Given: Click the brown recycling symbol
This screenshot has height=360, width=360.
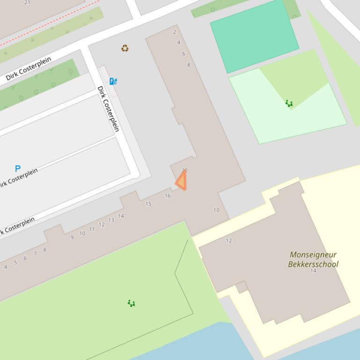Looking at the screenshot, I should [x=125, y=48].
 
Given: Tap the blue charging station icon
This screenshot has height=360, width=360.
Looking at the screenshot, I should [x=113, y=81].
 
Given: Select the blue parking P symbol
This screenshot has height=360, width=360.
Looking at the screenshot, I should [x=18, y=169].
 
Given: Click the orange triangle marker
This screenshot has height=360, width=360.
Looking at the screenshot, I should [x=182, y=181].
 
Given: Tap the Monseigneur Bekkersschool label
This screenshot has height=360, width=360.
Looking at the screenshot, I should [x=313, y=259].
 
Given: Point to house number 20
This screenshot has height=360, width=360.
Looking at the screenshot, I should [x=184, y=171].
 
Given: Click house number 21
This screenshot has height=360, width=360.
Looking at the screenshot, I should [x=27, y=2].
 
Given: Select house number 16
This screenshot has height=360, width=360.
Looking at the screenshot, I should [x=168, y=196].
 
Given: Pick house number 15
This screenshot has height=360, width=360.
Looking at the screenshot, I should [x=148, y=204].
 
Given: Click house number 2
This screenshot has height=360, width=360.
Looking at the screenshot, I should [x=175, y=32].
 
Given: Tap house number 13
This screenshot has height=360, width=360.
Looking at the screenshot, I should [x=111, y=220].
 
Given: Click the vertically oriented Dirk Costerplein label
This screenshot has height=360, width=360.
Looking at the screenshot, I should [x=108, y=109].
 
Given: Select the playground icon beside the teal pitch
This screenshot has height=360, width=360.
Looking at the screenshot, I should [x=289, y=103].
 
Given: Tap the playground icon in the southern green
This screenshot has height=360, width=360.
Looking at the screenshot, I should [x=132, y=303].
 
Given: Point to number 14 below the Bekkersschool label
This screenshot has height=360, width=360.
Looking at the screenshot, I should [x=313, y=271].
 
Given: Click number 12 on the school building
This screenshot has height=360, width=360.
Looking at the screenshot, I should [x=229, y=241].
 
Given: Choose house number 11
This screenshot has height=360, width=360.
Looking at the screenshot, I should [x=92, y=229].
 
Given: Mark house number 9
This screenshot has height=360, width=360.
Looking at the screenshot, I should [x=72, y=238].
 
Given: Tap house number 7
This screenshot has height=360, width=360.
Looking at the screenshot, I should [x=35, y=253].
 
